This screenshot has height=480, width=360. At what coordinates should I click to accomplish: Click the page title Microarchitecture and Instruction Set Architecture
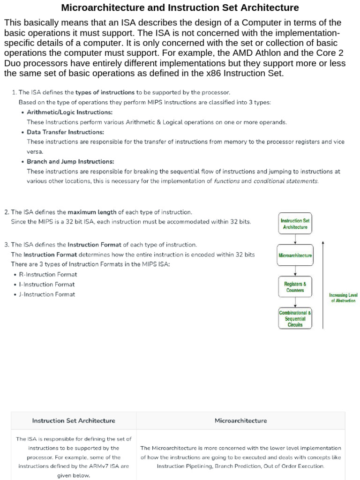pos(180,7)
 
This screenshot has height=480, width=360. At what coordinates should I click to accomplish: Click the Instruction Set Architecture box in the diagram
pos(295,224)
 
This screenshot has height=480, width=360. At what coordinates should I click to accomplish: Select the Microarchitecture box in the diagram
pos(295,256)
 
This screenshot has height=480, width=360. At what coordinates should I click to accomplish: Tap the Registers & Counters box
pos(295,287)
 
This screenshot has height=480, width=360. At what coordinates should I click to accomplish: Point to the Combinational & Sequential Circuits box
pos(295,318)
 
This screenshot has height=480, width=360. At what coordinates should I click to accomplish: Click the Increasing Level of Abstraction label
pos(343,298)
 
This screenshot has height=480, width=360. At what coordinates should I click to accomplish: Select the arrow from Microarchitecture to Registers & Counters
pos(295,271)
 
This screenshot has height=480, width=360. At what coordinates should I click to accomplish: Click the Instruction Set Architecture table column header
pos(74,420)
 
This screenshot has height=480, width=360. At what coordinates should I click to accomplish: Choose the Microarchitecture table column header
pos(240,420)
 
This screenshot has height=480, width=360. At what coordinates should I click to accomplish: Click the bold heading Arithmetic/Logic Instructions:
pos(69,112)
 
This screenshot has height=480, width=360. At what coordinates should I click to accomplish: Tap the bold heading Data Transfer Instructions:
pos(65,132)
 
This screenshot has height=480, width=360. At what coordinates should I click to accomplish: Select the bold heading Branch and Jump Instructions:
pos(70,161)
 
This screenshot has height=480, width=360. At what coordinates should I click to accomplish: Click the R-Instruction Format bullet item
pos(48,274)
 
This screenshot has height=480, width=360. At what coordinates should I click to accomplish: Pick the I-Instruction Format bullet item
pos(47,284)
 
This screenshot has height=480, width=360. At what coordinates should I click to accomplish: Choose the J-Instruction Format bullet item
pos(47,294)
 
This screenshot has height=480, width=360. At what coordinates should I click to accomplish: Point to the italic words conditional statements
pos(285,181)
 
